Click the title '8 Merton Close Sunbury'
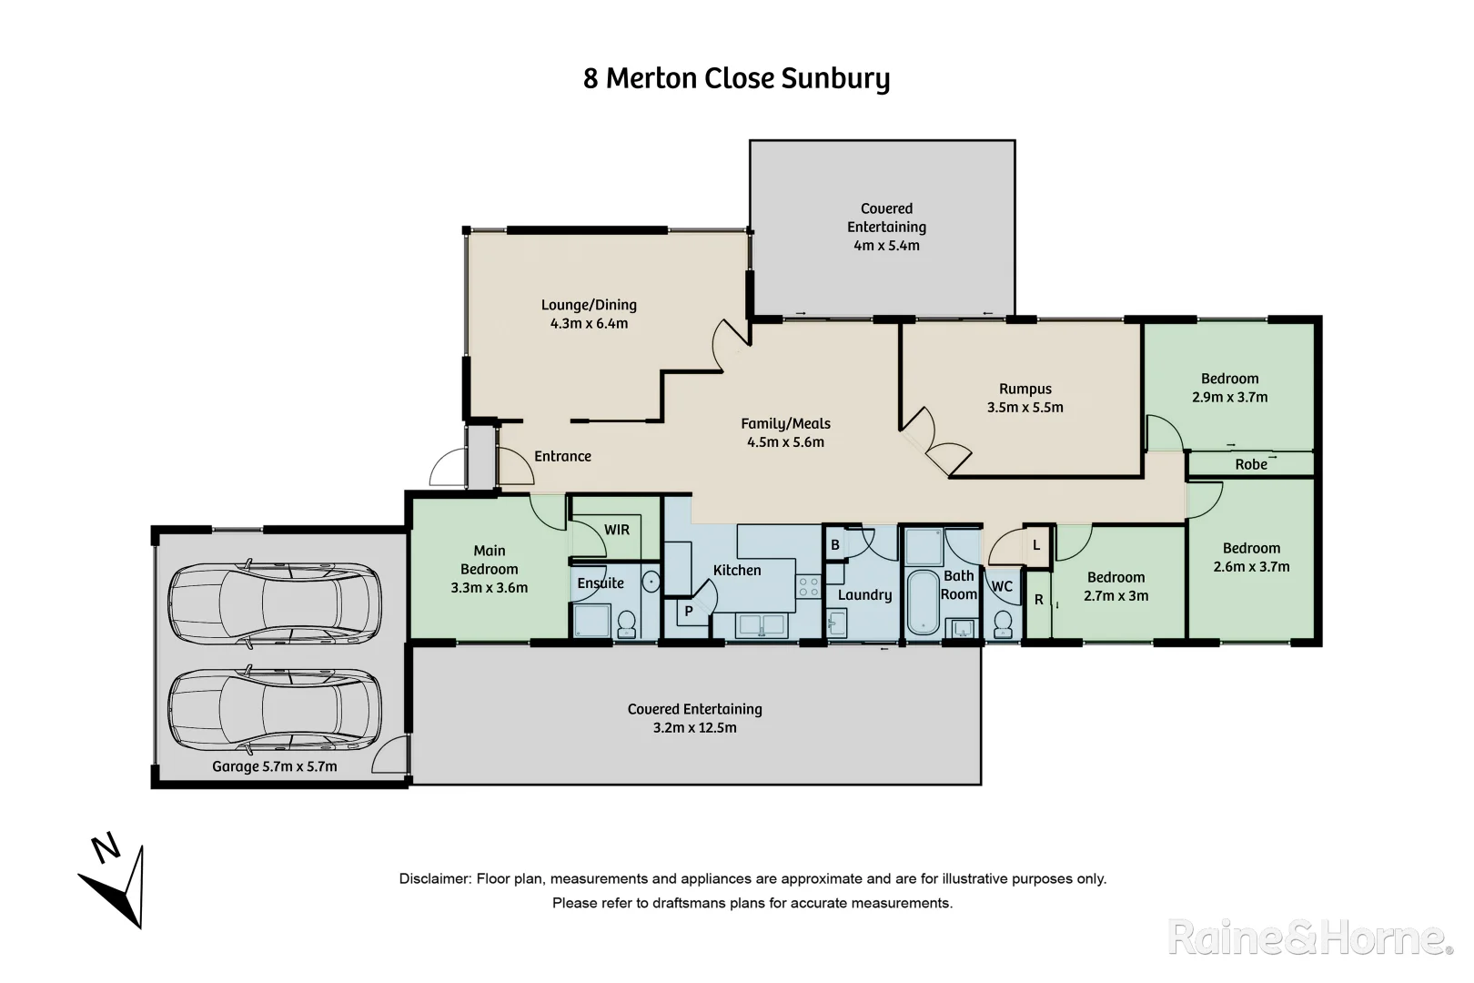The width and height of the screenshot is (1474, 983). tap(736, 78)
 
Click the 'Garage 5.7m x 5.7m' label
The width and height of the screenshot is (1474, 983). tap(274, 766)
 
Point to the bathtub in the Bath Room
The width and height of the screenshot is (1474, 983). tap(923, 602)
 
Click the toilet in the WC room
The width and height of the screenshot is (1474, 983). tap(1003, 624)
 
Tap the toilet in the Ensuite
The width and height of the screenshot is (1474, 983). tap(627, 623)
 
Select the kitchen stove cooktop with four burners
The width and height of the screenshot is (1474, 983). tap(809, 586)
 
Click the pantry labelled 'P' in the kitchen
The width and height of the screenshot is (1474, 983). tap(689, 611)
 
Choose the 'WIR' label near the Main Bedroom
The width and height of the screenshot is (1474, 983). tap(616, 530)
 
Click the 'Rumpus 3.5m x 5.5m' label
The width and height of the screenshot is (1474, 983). tap(1025, 399)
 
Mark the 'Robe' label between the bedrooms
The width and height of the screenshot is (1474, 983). tap(1250, 464)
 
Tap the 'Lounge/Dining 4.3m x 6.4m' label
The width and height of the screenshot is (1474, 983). tap(589, 314)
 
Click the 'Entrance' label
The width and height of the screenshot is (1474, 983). tap(562, 457)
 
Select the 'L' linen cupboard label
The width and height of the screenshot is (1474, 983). tap(1036, 545)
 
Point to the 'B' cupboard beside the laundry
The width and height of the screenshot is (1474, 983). tap(835, 545)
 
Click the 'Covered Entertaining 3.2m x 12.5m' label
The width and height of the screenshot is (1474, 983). tap(695, 718)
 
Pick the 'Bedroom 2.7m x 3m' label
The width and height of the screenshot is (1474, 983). tap(1116, 586)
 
